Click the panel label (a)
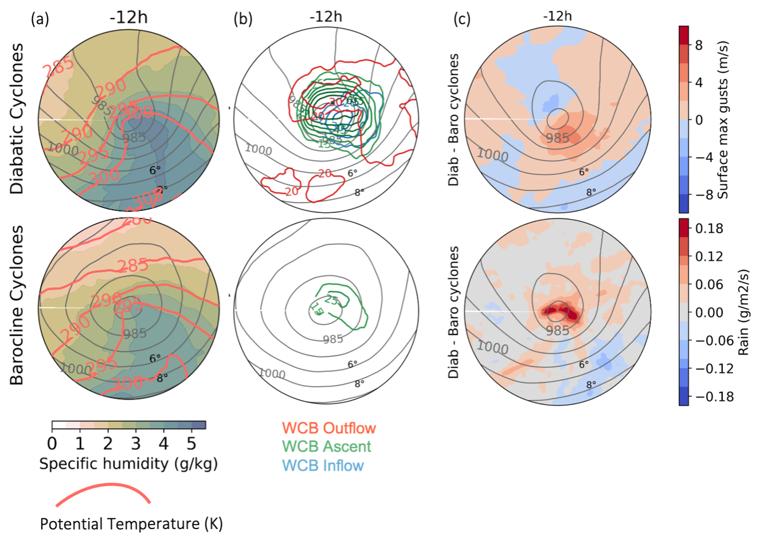(40, 19)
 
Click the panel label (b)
(242, 19)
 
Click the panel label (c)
(462, 19)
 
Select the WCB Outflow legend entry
(328, 428)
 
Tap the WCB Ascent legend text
(327, 447)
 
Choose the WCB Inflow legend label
(323, 465)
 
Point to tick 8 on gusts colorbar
(699, 45)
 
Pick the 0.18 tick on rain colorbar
(709, 228)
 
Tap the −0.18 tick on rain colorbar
(714, 397)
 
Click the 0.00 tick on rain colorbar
(709, 312)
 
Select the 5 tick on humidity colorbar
(191, 443)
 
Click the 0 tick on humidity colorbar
(52, 443)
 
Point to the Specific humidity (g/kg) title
(128, 463)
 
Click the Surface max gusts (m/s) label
(723, 120)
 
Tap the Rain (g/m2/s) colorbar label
(743, 312)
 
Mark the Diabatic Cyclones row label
(17, 119)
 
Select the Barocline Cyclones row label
(17, 305)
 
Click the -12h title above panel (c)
(557, 16)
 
